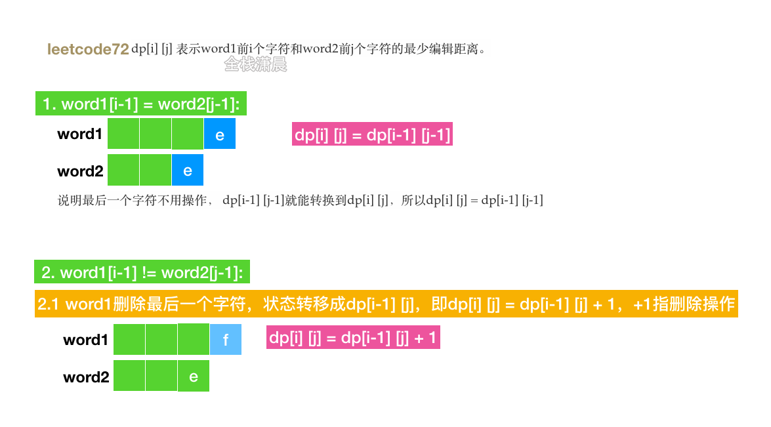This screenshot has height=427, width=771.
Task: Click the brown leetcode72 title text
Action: click(88, 49)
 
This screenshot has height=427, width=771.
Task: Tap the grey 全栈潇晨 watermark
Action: click(255, 64)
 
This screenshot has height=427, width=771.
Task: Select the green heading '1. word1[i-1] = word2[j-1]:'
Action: click(141, 104)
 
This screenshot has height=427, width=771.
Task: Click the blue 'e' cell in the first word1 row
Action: click(220, 134)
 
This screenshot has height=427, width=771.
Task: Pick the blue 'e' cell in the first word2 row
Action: click(188, 171)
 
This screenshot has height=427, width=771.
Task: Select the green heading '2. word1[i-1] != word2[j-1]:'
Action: click(142, 272)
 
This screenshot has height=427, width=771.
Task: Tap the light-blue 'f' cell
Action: click(226, 340)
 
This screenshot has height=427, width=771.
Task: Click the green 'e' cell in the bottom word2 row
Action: click(194, 376)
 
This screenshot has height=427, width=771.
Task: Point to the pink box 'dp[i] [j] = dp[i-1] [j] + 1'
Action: click(353, 338)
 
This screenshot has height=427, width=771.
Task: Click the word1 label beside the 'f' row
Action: click(85, 340)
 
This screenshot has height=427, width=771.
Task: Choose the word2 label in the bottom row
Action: click(86, 377)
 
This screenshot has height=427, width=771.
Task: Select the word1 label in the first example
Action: click(80, 134)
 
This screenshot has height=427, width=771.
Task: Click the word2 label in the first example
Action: click(80, 171)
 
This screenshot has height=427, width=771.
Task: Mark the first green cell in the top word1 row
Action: click(123, 134)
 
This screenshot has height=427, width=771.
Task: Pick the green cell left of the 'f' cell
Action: click(194, 340)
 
